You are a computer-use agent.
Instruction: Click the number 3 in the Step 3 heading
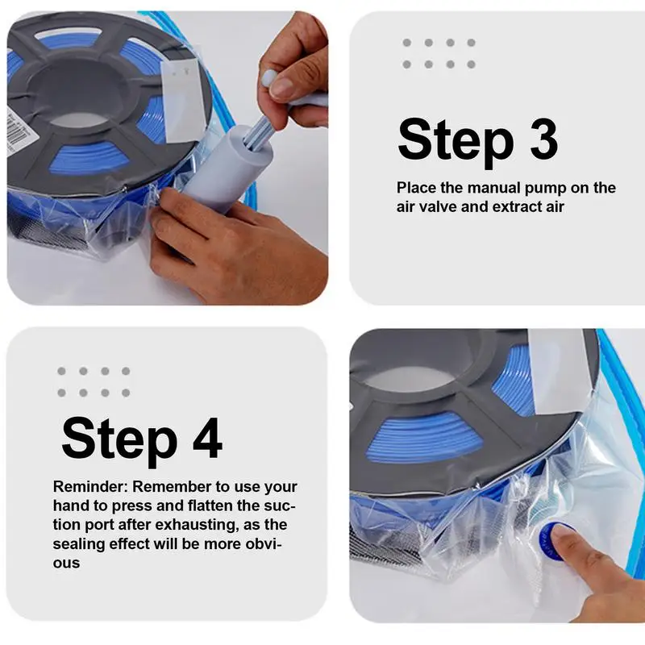543,139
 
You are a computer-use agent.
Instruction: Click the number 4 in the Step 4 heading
207,438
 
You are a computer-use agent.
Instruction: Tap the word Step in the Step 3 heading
456,142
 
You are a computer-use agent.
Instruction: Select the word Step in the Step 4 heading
119,440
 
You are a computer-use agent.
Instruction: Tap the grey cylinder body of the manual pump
227,167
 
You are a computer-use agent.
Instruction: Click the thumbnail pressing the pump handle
281,87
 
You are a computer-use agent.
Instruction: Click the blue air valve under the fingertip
553,541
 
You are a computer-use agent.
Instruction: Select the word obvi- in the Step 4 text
264,543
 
